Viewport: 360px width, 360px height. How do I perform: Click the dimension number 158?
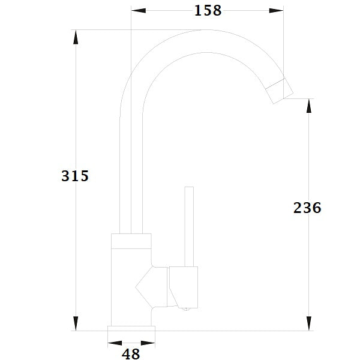click(208, 10)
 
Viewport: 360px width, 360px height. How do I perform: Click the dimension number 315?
click(75, 176)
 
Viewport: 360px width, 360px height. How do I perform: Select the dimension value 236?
click(308, 208)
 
